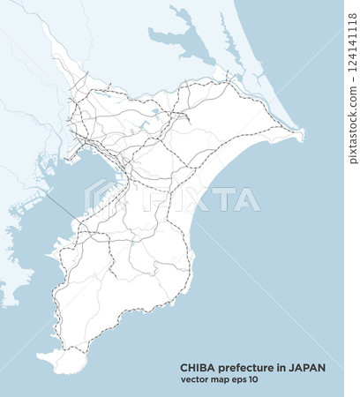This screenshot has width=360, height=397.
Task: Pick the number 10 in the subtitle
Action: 254,380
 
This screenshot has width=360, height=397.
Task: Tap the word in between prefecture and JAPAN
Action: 283,368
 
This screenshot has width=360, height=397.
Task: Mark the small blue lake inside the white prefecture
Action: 155,113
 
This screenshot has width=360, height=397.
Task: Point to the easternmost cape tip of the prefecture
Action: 303,135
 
